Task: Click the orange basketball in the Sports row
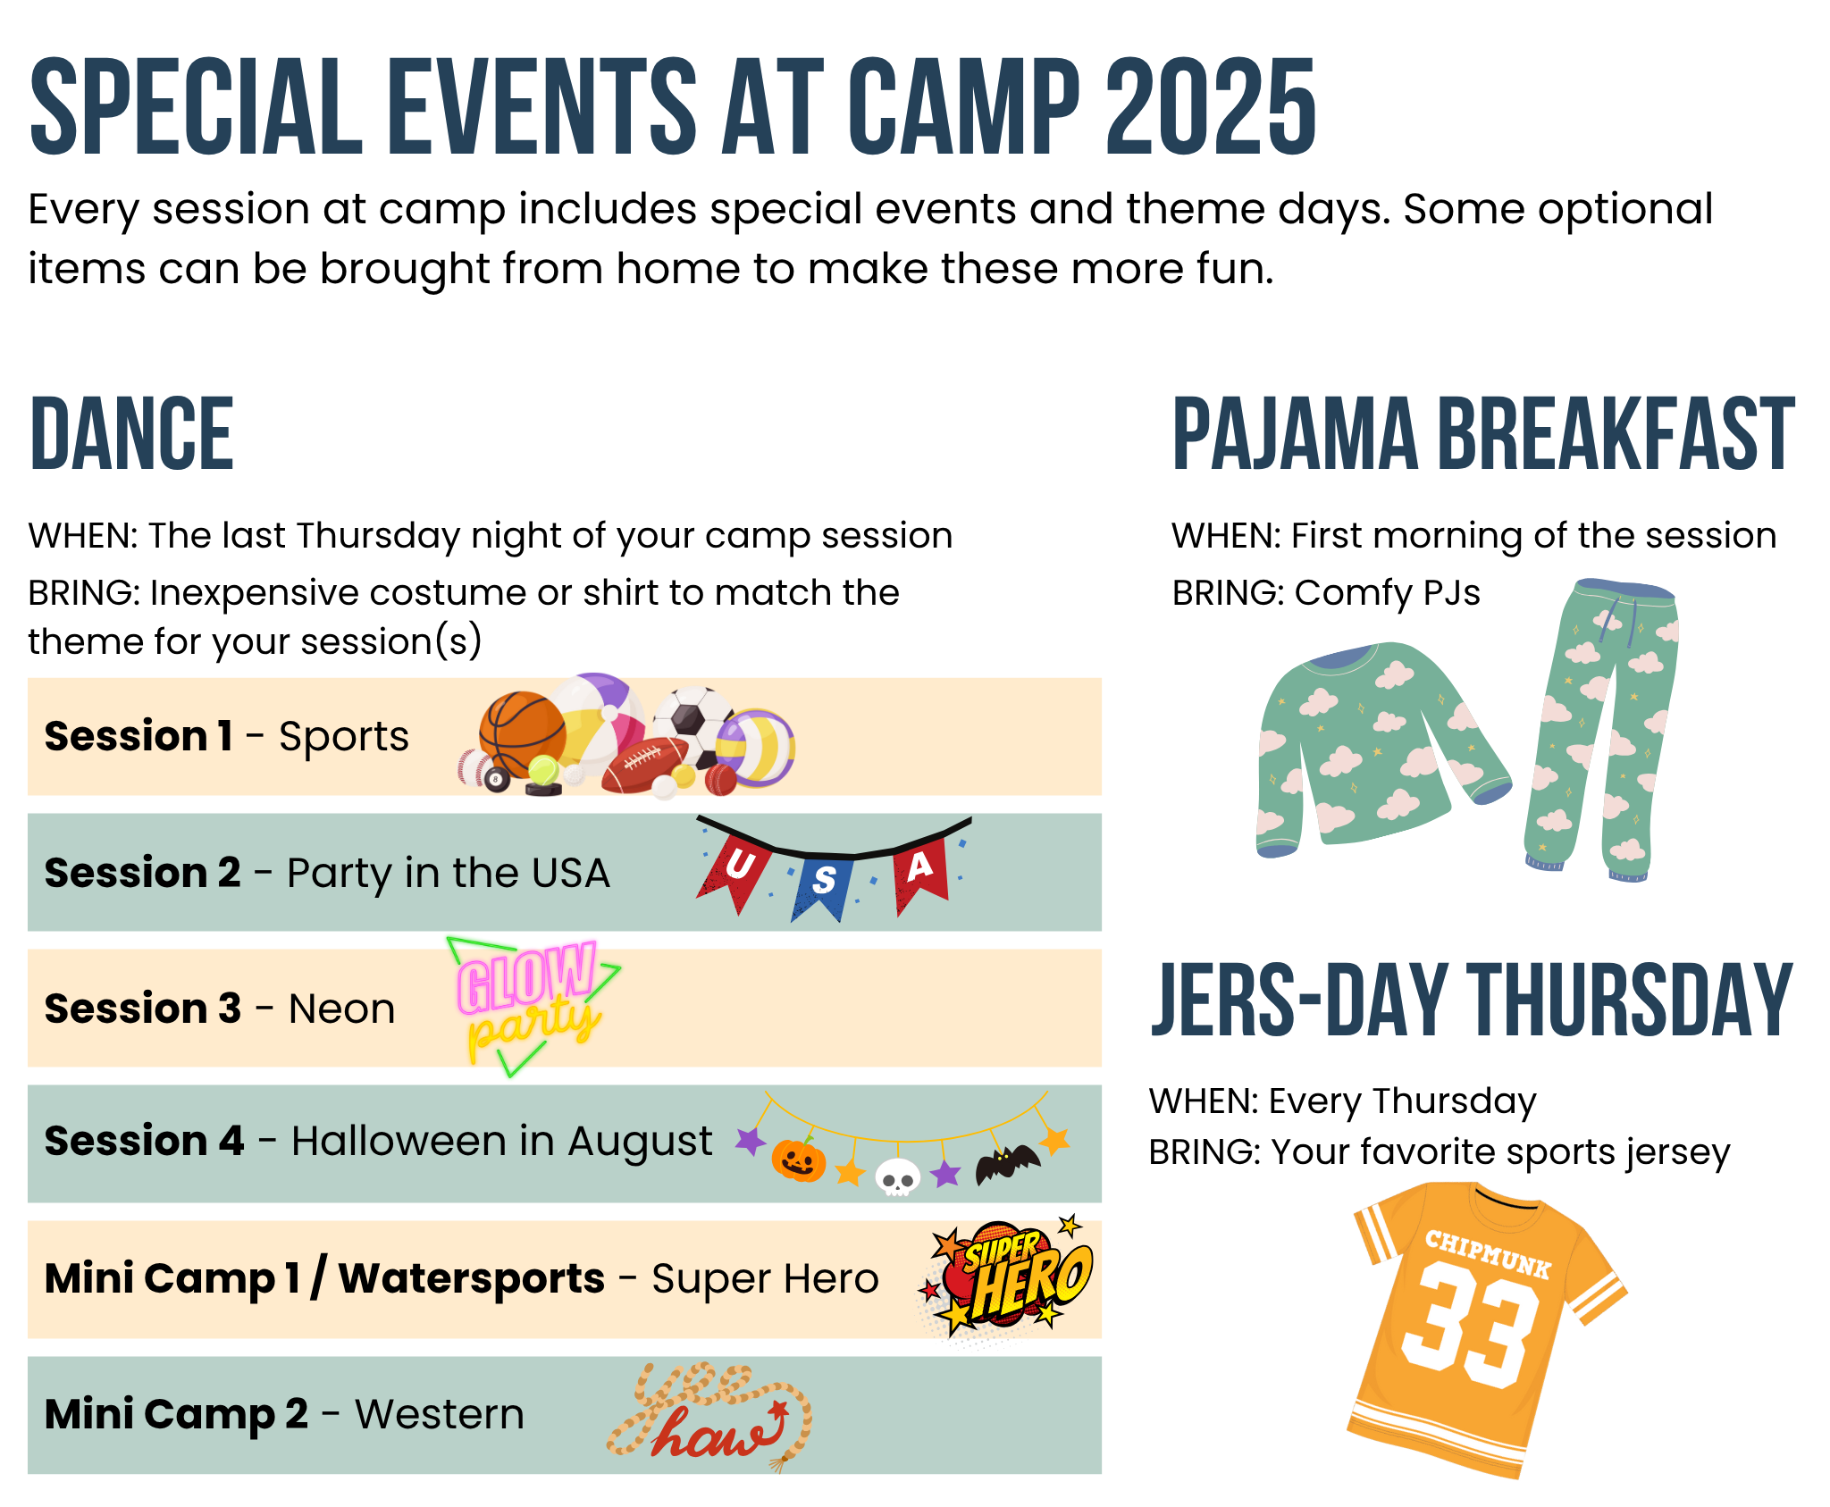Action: [x=522, y=734]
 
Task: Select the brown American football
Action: [x=646, y=765]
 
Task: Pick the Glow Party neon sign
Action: [x=533, y=1006]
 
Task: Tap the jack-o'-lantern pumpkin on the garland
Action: [x=798, y=1160]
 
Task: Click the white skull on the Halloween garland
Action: [x=897, y=1176]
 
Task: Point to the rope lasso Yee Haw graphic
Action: [x=709, y=1417]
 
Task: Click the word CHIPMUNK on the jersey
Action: [x=1488, y=1252]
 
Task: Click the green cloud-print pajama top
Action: [x=1381, y=747]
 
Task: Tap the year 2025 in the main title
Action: [x=1211, y=106]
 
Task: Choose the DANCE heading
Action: [x=131, y=434]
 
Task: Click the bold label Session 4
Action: [x=144, y=1141]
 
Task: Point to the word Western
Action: [x=440, y=1414]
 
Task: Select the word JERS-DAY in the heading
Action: [x=1300, y=1000]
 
